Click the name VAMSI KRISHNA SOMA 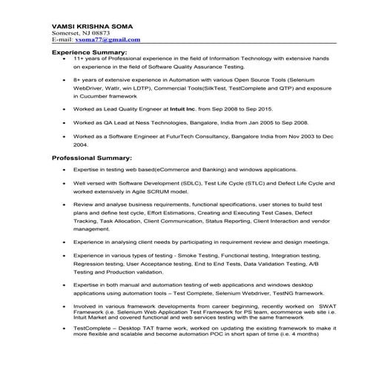92,24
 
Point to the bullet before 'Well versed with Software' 65,183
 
